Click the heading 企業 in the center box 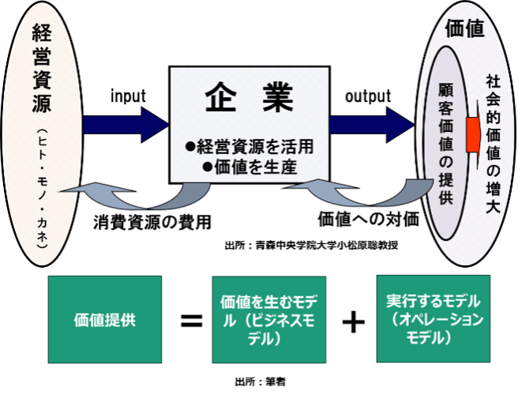point(250,98)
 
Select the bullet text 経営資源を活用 point(254,147)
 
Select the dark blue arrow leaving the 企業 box point(371,125)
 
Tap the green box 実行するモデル point(434,319)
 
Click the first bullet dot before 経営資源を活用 point(190,147)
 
